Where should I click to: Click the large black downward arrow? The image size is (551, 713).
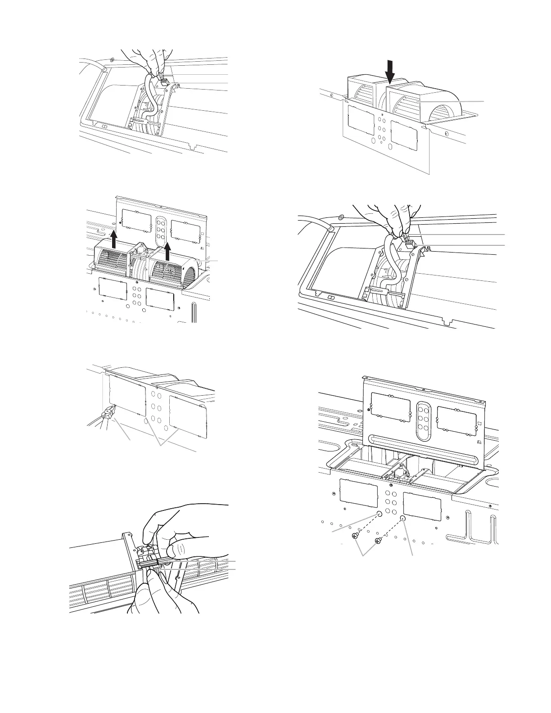(x=390, y=72)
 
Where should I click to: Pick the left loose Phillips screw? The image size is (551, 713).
(x=356, y=536)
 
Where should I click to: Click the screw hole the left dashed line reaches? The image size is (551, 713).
(x=379, y=514)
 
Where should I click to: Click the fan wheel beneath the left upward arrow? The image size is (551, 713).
(x=111, y=268)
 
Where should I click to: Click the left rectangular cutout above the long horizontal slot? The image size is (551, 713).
(x=390, y=409)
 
